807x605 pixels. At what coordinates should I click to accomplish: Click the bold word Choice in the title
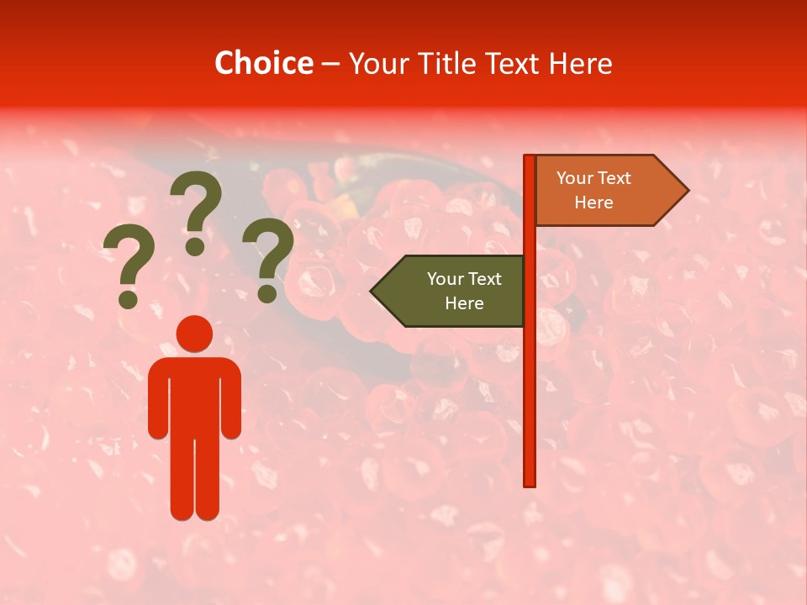pyautogui.click(x=263, y=64)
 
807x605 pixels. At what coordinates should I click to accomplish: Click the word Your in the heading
pyautogui.click(x=377, y=64)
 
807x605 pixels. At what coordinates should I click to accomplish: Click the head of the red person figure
pyautogui.click(x=194, y=334)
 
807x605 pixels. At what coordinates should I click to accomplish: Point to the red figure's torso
pyautogui.click(x=194, y=395)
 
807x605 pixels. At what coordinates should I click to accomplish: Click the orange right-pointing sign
pyautogui.click(x=601, y=191)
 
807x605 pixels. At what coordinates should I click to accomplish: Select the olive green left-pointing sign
pyautogui.click(x=454, y=292)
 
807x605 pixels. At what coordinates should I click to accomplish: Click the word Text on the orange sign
pyautogui.click(x=614, y=178)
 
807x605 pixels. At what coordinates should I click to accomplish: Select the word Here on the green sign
pyautogui.click(x=464, y=303)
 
